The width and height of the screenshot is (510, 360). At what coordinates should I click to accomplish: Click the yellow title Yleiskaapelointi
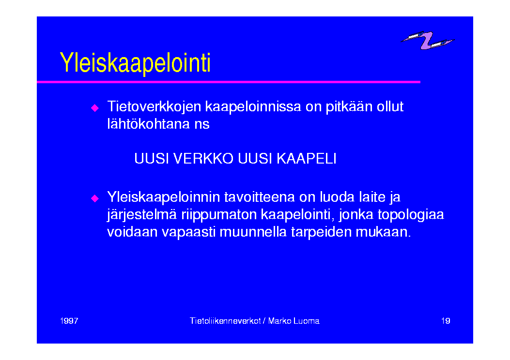135,63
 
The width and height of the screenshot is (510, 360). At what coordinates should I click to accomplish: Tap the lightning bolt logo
427,40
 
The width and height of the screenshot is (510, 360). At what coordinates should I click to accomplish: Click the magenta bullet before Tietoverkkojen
95,108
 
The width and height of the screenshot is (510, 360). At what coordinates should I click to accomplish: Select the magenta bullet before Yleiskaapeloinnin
95,198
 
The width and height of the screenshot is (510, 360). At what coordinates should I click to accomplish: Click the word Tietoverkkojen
154,107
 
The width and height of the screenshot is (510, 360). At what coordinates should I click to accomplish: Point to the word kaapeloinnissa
253,107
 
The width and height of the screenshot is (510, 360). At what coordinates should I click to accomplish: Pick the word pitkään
349,106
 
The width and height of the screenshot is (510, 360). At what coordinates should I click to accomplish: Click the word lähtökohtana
149,124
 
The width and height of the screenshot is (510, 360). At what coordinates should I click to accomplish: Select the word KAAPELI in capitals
307,159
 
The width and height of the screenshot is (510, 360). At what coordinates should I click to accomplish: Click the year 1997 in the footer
69,321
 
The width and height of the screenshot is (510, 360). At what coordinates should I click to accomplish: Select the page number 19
446,321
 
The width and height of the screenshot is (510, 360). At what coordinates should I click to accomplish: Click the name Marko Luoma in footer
294,321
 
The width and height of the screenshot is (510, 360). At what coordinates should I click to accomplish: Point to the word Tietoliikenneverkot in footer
225,321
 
